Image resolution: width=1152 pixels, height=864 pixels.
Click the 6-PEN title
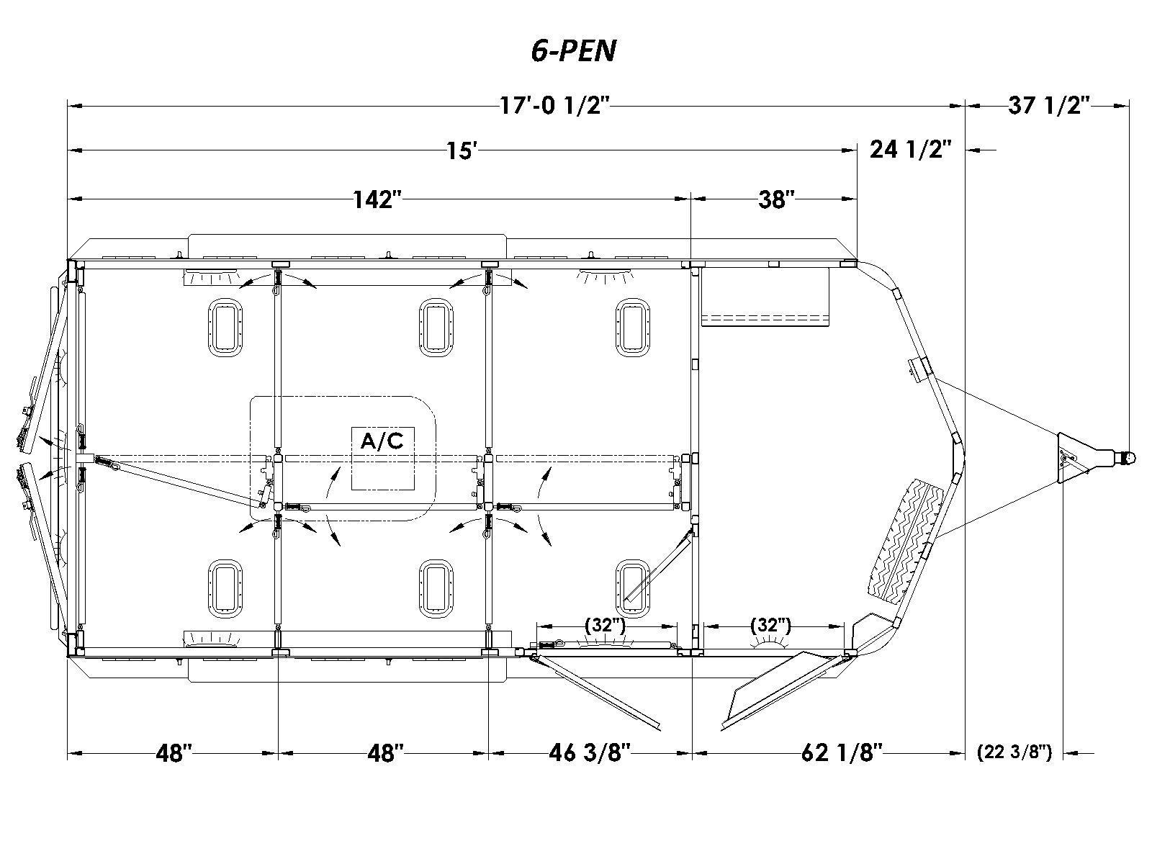573,52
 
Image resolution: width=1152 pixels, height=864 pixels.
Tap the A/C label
382,441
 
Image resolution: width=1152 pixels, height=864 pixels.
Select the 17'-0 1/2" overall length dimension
554,105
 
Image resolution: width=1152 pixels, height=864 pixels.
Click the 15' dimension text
462,150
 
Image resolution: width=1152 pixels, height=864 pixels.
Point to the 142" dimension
377,199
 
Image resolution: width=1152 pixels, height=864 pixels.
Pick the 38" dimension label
776,199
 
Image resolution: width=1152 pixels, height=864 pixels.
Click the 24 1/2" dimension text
911,150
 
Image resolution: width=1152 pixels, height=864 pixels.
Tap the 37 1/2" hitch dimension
1049,105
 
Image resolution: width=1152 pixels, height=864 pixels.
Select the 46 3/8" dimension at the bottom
590,753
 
